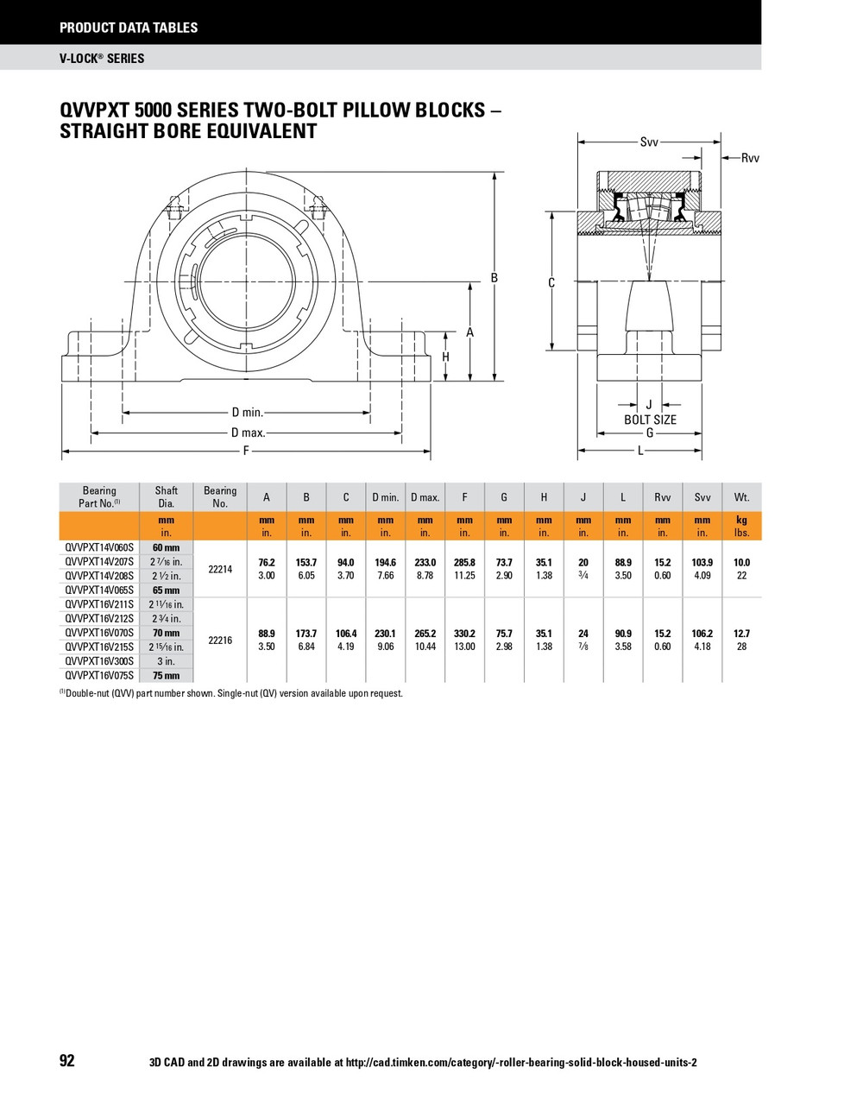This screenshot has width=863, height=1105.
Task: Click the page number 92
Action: pos(67,1061)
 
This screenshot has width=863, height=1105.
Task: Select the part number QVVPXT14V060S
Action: pos(99,547)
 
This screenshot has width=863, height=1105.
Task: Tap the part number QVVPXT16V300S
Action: pos(99,661)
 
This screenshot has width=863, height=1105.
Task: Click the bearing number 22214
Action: pos(220,569)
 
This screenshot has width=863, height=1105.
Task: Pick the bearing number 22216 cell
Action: pos(220,641)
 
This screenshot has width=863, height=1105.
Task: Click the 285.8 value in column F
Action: pos(464,562)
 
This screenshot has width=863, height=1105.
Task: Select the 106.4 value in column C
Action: pos(346,634)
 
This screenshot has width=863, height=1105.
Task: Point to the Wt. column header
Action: pos(741,497)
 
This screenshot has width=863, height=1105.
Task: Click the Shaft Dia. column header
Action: pos(166,496)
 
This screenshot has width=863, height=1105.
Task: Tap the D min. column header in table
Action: pos(385,497)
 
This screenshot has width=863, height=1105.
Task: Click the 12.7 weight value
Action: pos(741,634)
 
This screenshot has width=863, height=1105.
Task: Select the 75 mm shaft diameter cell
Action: pos(166,676)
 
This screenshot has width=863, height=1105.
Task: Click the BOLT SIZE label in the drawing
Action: pos(650,420)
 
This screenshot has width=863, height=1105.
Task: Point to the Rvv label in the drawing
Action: pos(750,158)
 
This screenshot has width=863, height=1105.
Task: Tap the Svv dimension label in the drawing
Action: pos(649,142)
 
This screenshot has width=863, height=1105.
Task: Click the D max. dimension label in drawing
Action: pos(248,433)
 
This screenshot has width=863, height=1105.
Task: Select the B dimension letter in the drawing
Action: pos(494,278)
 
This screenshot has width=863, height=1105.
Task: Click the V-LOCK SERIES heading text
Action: pos(102,58)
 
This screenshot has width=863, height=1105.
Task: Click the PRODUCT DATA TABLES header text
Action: pos(129,28)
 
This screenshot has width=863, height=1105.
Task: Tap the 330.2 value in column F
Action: pos(464,634)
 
